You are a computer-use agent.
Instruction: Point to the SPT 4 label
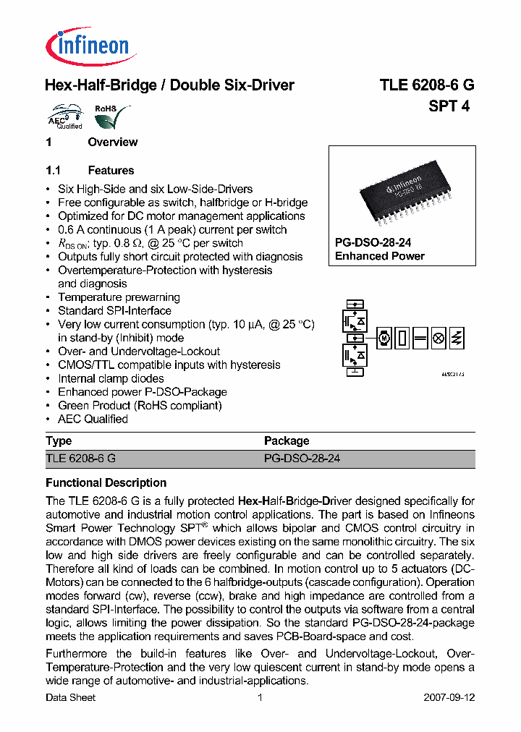[449, 106]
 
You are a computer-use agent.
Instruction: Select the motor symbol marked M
[384, 338]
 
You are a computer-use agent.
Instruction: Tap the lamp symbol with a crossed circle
[438, 338]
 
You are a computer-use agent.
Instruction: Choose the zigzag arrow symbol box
[457, 338]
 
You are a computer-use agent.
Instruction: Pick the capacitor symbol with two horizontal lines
[420, 338]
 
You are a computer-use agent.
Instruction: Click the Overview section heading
[112, 142]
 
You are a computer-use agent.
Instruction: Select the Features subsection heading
[111, 171]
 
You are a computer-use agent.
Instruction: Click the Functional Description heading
[106, 482]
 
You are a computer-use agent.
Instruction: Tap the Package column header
[287, 441]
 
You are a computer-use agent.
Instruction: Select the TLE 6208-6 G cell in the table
[80, 459]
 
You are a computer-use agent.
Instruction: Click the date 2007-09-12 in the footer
[449, 697]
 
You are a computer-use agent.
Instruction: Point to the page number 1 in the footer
[260, 697]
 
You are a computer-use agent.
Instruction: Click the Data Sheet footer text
[70, 697]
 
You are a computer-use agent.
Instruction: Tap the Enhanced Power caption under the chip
[379, 256]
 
